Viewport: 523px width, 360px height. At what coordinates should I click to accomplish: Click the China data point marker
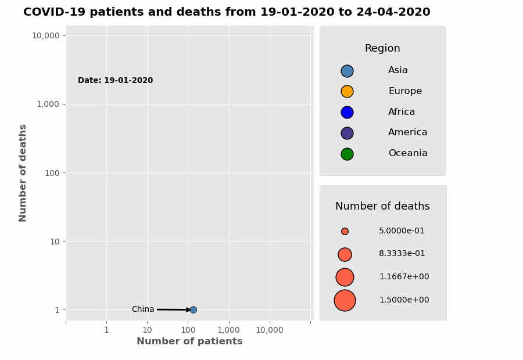tap(193, 309)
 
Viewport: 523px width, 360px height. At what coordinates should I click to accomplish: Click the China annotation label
tap(143, 309)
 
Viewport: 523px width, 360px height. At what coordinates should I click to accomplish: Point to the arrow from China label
tap(173, 309)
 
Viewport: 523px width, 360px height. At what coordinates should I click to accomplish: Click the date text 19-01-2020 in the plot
tap(115, 81)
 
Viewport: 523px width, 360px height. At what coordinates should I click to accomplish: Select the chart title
tap(227, 12)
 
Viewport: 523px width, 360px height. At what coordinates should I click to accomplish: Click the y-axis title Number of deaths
tap(23, 172)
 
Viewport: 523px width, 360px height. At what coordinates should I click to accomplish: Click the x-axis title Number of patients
tap(189, 341)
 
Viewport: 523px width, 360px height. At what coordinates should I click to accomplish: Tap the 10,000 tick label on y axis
tap(45, 35)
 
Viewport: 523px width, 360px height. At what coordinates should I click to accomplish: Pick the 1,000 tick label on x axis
tap(229, 330)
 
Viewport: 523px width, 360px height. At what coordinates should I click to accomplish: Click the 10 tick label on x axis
tap(147, 330)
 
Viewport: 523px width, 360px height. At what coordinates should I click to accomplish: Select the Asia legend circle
tap(347, 71)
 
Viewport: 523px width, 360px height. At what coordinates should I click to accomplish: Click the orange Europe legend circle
tap(347, 91)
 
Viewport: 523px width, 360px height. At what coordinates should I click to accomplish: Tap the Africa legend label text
tap(402, 112)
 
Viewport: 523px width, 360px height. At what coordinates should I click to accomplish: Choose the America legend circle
tap(347, 133)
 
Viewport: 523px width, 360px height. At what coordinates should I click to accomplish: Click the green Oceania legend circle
tap(347, 154)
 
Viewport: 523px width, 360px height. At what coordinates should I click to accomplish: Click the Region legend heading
tap(382, 49)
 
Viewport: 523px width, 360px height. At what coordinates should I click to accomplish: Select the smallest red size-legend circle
tap(345, 231)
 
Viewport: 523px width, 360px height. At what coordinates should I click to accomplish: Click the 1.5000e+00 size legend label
tap(404, 300)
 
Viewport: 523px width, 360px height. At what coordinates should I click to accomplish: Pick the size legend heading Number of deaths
tap(382, 207)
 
